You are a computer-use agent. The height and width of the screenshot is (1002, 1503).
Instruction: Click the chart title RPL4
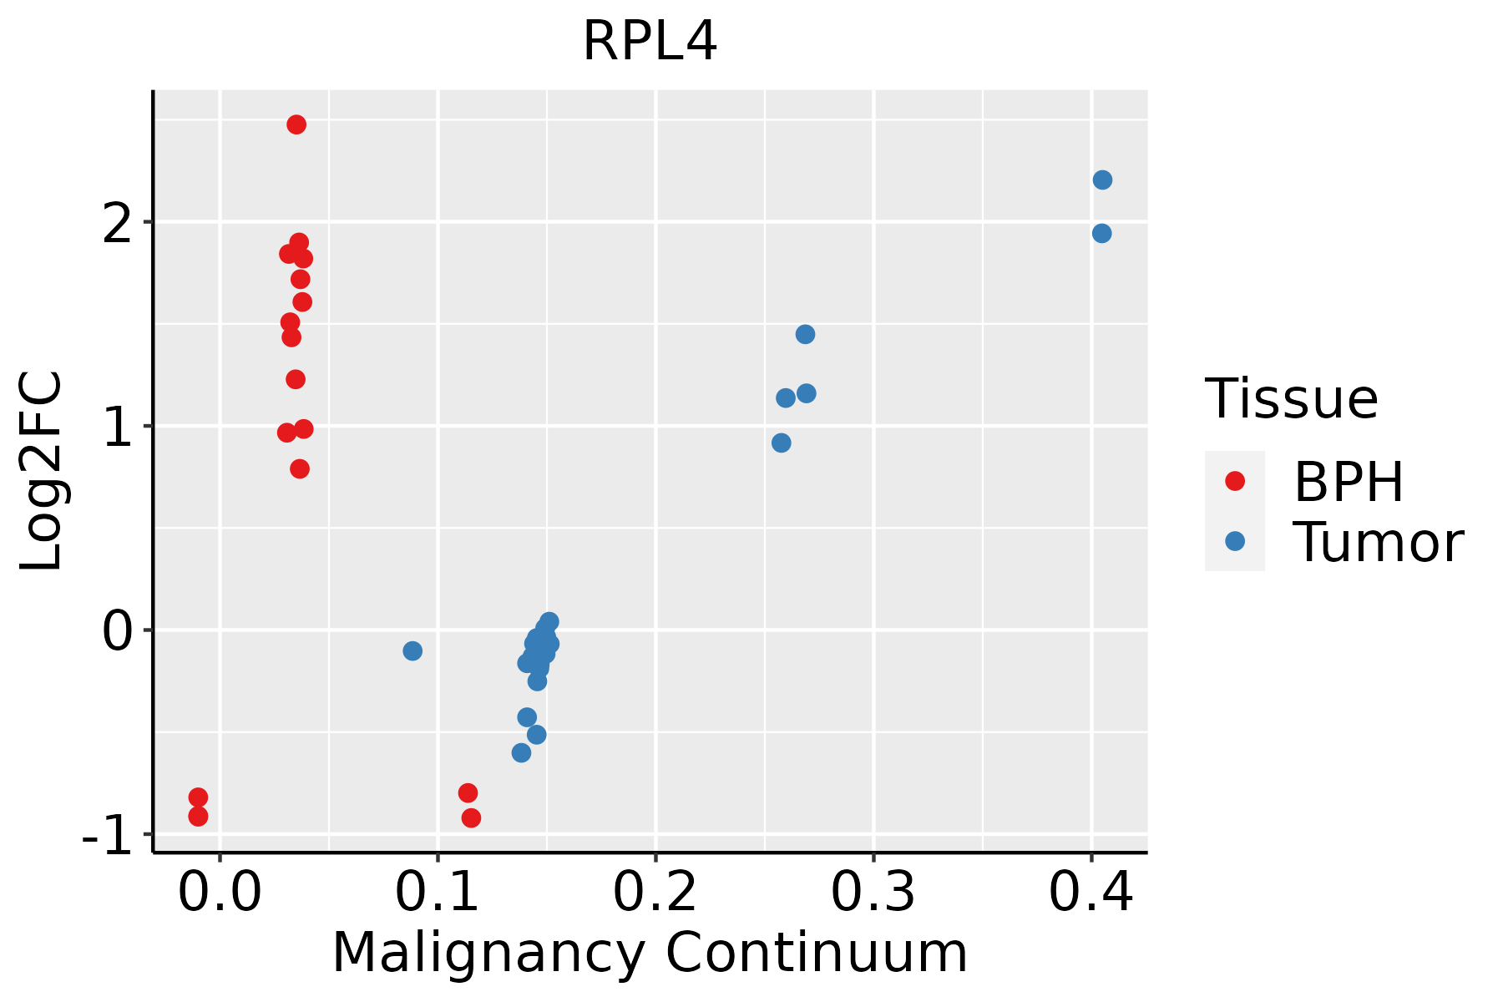[650, 42]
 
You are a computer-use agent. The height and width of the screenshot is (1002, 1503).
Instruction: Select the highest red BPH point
[296, 124]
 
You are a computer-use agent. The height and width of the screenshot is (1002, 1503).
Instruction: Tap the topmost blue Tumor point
[1102, 180]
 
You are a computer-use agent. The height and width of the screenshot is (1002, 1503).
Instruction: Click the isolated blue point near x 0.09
[412, 650]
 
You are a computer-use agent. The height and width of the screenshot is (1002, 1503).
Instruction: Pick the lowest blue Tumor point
[521, 753]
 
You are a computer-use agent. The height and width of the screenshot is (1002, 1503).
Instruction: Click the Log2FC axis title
[42, 472]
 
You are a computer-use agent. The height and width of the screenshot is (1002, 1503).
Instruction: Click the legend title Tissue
[1292, 399]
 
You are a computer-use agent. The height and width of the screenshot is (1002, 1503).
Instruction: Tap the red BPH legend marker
[1234, 481]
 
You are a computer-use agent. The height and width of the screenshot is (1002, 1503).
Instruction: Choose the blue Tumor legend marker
[1234, 541]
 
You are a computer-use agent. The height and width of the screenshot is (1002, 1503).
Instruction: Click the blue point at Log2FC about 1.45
[805, 335]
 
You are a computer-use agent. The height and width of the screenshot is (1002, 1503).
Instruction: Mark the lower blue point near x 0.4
[1101, 234]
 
